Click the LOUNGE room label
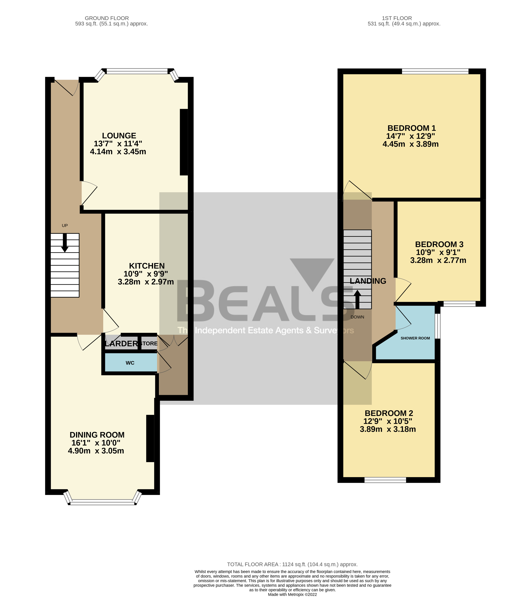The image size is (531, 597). click(x=119, y=136)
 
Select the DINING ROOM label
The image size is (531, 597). click(x=97, y=435)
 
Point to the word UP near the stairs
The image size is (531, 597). click(x=65, y=226)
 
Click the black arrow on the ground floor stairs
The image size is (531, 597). click(x=65, y=243)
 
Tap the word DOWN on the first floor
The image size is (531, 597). click(x=357, y=317)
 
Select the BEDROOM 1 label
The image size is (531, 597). click(x=411, y=128)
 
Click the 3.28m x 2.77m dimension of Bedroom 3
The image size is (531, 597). click(x=438, y=260)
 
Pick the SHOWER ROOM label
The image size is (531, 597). click(x=415, y=338)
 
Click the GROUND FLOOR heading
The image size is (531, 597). click(x=107, y=18)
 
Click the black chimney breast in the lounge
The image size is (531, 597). click(x=184, y=142)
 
